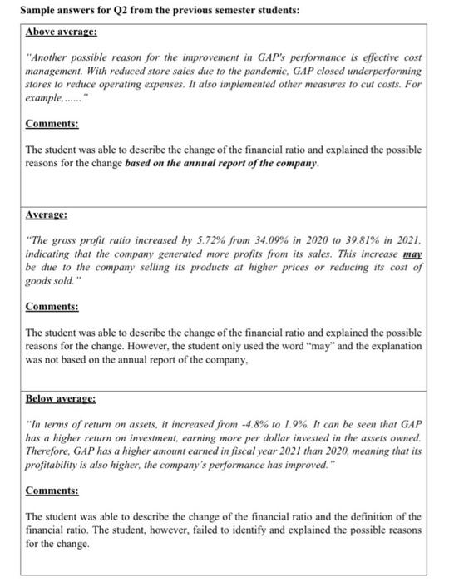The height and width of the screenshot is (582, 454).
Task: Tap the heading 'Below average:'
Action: [61, 399]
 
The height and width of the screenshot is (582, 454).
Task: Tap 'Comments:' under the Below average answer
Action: [52, 491]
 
